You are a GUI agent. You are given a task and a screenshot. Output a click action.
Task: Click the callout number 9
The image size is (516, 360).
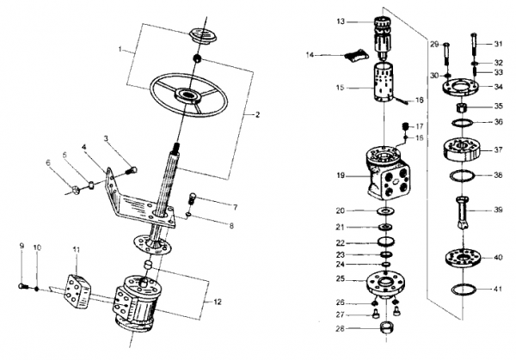point(21,247)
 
